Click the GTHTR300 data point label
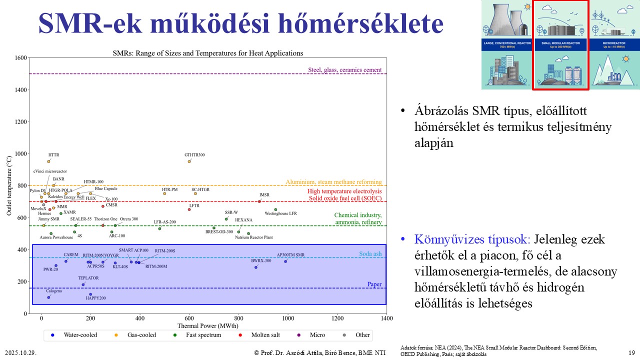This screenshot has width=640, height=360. [195, 155]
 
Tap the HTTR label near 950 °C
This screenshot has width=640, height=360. [53, 155]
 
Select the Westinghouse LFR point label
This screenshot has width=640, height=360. [280, 213]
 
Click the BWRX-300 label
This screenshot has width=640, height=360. [261, 260]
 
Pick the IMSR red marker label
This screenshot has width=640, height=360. [264, 195]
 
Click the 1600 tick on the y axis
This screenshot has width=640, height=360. [21, 58]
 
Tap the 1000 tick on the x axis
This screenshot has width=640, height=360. [288, 318]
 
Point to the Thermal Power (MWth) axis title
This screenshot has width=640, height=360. [206, 325]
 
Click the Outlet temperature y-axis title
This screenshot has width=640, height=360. [9, 185]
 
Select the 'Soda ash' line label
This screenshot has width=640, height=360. [370, 254]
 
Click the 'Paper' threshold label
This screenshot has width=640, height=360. [374, 284]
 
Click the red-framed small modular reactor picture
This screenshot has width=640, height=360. [560, 45]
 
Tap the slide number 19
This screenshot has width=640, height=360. [631, 352]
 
